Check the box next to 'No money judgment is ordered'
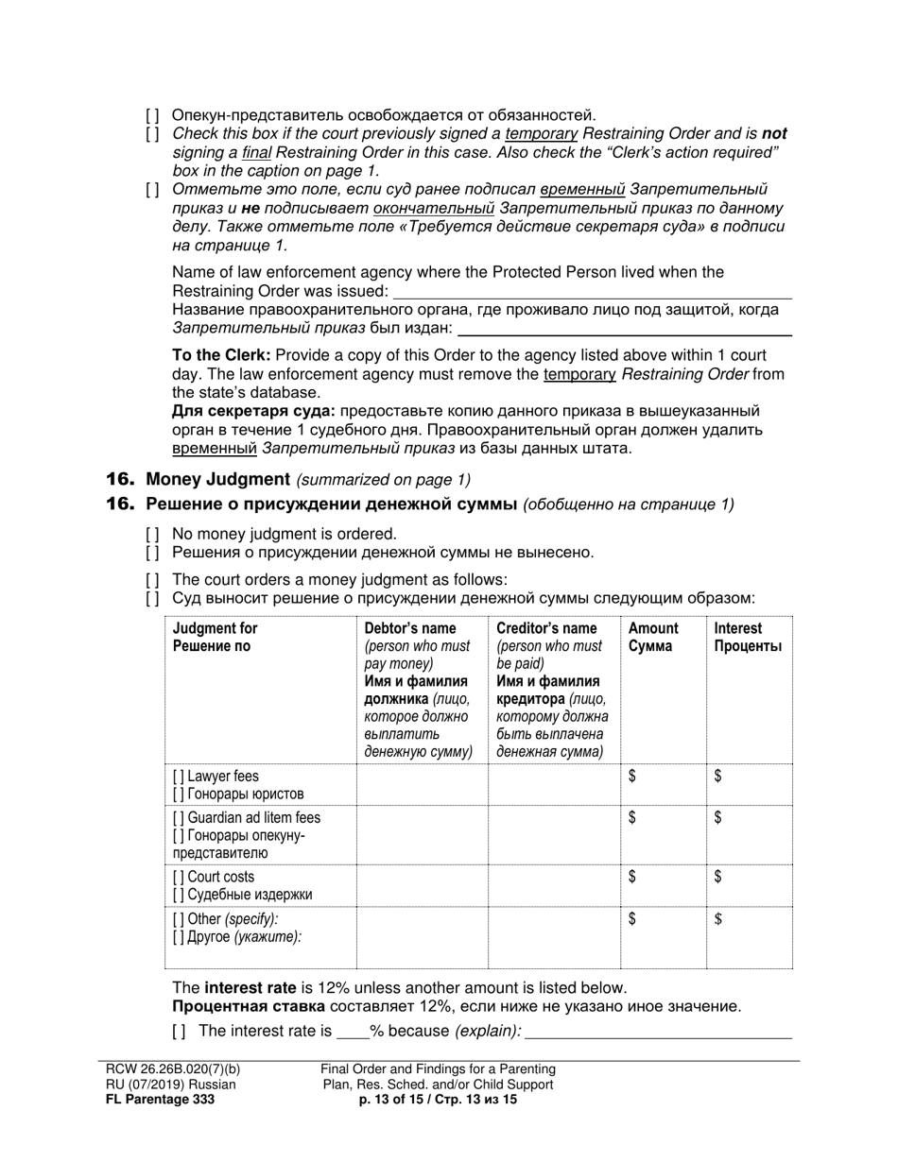pos(152,534)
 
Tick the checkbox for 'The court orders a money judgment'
pos(152,580)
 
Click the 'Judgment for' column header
pos(215,628)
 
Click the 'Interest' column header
pos(737,628)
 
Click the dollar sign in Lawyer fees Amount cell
pos(632,777)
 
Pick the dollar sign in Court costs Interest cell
pos(718,878)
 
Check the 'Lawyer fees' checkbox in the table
pos(179,777)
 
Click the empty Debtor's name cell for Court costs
pos(422,885)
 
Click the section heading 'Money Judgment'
pos(217,479)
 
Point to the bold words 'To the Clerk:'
pos(221,355)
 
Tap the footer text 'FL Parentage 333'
pos(160,1099)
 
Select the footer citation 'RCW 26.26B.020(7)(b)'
pos(173,1069)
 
